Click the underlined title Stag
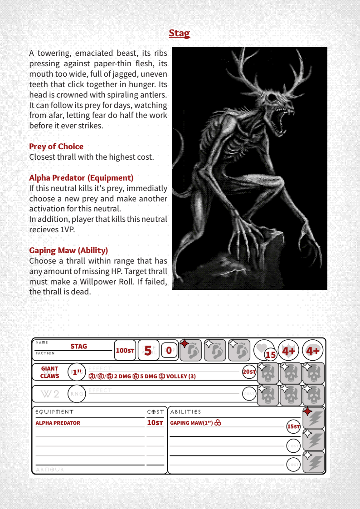tap(179, 33)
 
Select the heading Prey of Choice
tap(56, 147)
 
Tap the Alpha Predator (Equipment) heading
tap(81, 178)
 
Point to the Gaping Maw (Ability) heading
tap(68, 250)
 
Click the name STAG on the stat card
tap(78, 346)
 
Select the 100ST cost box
tap(125, 350)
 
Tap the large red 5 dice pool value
tap(148, 350)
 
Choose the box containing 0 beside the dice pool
tap(169, 350)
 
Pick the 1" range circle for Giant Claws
tap(77, 372)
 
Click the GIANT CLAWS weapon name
tap(50, 372)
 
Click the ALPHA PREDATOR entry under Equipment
tap(58, 423)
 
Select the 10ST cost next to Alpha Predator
tap(155, 423)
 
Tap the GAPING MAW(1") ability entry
tap(192, 423)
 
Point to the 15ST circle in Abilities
tap(293, 426)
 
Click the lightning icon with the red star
tap(314, 418)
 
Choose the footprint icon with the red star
tap(191, 350)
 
